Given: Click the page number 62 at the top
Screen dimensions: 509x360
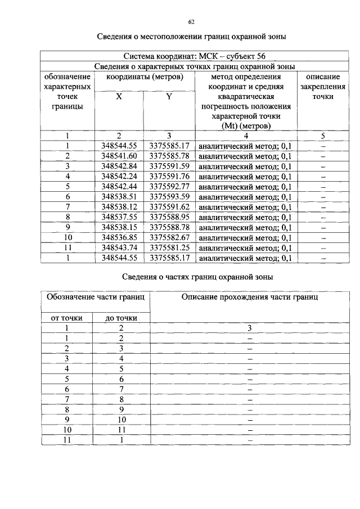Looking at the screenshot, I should click(191, 22).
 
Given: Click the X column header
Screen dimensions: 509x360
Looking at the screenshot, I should click(119, 97).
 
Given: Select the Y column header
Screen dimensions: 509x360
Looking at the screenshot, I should click(169, 97).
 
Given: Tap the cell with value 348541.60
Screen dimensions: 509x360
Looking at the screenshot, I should click(119, 156).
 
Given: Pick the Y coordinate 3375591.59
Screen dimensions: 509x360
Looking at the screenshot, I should click(169, 166).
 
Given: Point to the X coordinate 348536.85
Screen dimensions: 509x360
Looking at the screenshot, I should click(119, 237).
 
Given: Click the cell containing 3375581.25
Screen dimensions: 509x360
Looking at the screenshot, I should click(169, 247).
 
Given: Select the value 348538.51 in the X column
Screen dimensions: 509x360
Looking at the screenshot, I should click(119, 197).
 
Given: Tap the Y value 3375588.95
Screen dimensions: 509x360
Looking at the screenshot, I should click(169, 217).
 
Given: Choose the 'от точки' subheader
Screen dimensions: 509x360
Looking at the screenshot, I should click(67, 318).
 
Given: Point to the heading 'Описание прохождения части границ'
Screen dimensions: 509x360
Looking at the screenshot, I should click(249, 297).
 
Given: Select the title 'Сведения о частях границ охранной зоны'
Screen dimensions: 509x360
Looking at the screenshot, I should click(198, 277).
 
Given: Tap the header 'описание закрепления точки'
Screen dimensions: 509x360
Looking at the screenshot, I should click(323, 87).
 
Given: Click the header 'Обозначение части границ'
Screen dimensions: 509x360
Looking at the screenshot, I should click(96, 297).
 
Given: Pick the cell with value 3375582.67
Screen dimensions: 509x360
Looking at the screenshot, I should click(169, 237).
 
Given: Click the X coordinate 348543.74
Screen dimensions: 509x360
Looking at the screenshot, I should click(119, 247).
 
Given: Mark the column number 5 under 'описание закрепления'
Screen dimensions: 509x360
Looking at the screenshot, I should click(323, 136).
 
